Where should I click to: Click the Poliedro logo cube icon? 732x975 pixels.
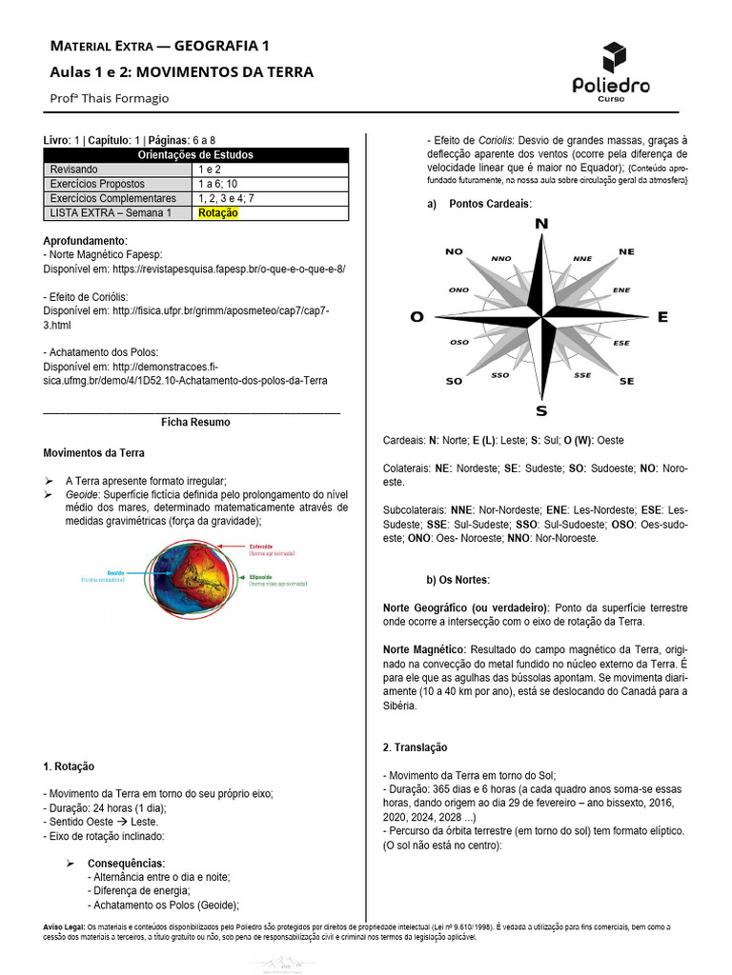(615, 56)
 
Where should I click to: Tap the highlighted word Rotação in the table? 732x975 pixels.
(218, 213)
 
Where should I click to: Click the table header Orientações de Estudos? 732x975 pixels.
(195, 155)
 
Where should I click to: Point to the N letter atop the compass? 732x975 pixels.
(541, 224)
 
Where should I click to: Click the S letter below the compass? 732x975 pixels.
(541, 411)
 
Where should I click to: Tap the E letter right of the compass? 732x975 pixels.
(662, 317)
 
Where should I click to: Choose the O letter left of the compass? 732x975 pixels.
(417, 317)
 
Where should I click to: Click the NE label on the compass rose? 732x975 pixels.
(626, 251)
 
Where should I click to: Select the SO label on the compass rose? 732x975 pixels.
(454, 381)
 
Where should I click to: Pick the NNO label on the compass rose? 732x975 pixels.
(500, 258)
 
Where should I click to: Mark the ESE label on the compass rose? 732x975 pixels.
(621, 343)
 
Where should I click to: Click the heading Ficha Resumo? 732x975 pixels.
(195, 422)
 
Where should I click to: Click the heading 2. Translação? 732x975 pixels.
(415, 747)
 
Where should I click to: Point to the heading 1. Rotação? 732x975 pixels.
(70, 766)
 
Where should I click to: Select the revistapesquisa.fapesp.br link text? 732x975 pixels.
(229, 269)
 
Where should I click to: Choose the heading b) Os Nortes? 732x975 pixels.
(457, 580)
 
